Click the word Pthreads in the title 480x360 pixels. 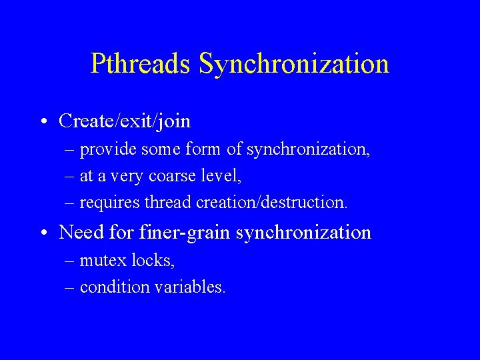pos(141,64)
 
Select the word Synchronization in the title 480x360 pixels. pos(294,64)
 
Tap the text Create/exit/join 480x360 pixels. pos(125,121)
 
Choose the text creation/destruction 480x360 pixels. pos(272,202)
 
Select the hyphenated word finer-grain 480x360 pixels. pos(185,233)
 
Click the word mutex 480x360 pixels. pos(98,261)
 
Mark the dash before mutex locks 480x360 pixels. pos(71,261)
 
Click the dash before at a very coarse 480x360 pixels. pos(71,177)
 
